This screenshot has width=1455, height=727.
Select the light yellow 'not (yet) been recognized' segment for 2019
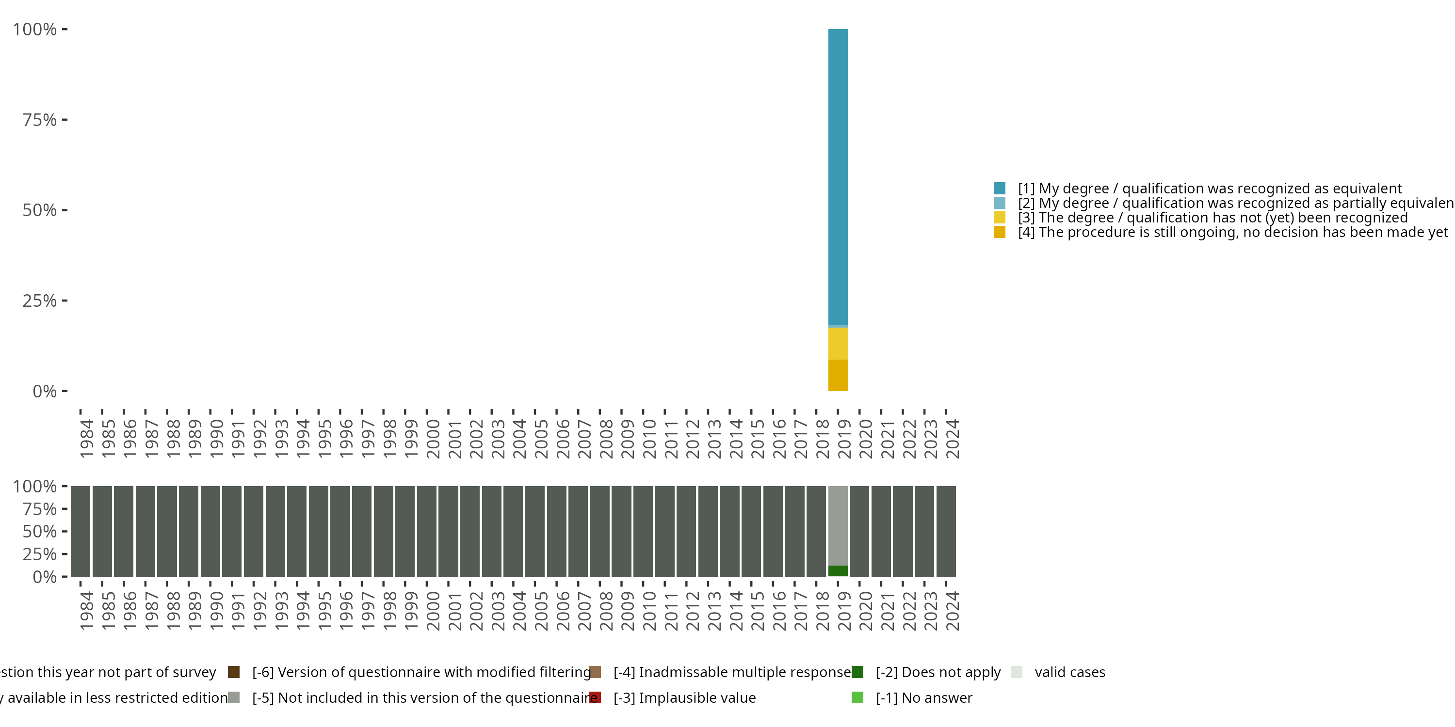pos(838,343)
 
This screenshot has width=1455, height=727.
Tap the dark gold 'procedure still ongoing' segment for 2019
pos(838,375)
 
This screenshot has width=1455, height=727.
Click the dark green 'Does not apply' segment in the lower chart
pos(838,570)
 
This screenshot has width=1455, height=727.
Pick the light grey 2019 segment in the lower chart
pos(838,525)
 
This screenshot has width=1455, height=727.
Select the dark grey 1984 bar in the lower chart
pos(80,531)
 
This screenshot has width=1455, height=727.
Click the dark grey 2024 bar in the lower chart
pos(946,531)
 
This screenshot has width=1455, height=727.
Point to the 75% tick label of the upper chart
pos(40,120)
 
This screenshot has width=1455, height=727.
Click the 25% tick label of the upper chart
pos(40,301)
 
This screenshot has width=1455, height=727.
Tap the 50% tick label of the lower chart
pos(40,532)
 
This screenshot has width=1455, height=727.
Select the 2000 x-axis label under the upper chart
pos(433,439)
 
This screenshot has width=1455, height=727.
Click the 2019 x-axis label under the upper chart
pos(844,439)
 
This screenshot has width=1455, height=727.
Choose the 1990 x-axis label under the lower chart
pos(216,611)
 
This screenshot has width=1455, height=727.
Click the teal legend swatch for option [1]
pos(999,188)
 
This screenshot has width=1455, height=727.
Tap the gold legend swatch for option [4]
pos(999,232)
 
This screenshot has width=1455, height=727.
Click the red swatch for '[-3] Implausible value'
pos(595,697)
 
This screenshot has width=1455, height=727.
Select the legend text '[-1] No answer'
pos(924,697)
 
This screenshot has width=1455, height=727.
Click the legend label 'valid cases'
pos(1070,672)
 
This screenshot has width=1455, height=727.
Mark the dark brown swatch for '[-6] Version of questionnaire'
pos(234,672)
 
